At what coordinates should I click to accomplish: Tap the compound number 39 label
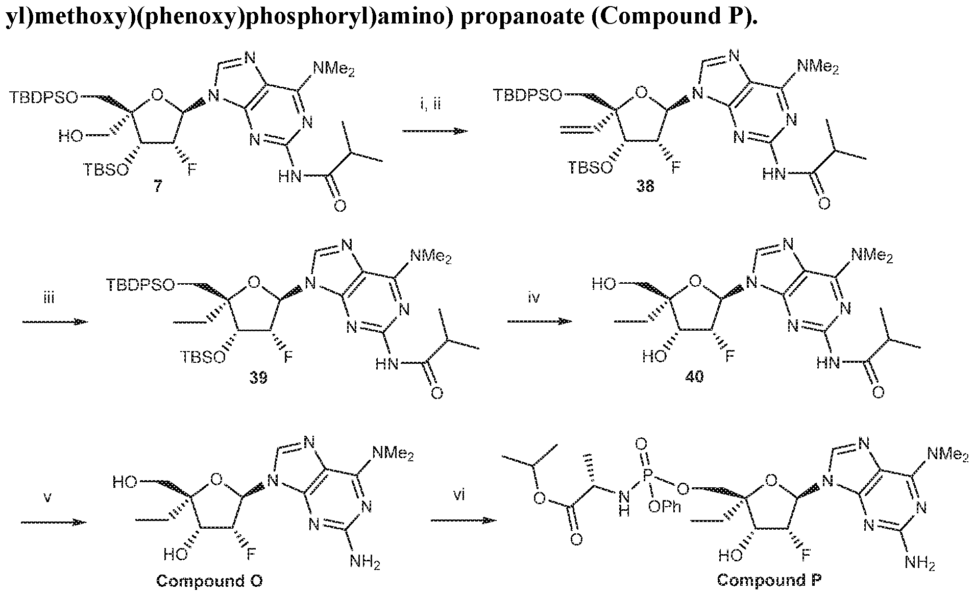[x=258, y=379]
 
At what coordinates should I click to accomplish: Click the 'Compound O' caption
[x=209, y=581]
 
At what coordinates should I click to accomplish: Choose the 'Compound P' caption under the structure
[x=769, y=580]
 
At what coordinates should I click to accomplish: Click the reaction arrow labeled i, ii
[x=435, y=131]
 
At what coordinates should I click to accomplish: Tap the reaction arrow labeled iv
[x=540, y=321]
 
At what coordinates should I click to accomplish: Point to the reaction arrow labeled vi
[x=463, y=520]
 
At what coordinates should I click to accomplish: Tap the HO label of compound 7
[x=69, y=136]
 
